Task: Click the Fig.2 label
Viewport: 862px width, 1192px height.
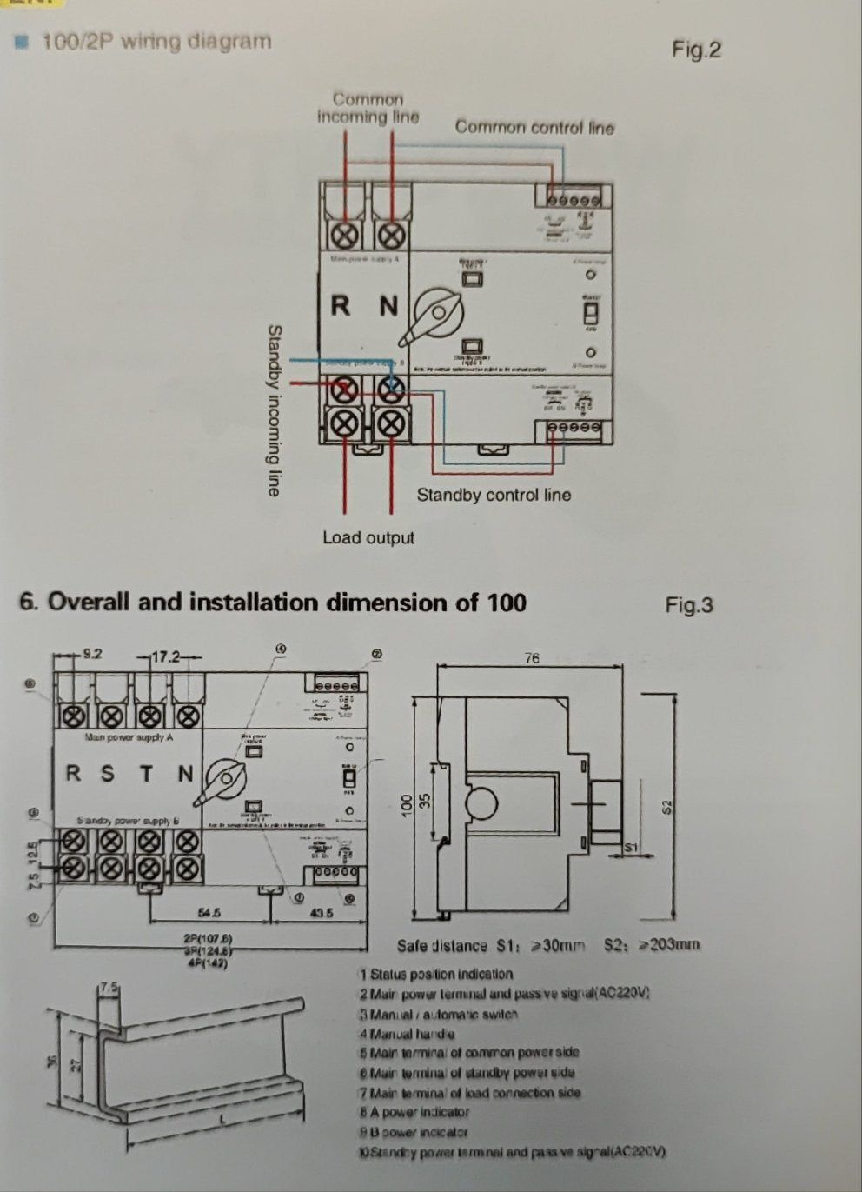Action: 696,50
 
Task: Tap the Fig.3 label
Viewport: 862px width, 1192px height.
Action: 688,604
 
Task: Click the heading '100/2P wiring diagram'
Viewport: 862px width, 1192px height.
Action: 156,41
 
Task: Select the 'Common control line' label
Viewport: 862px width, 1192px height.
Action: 534,127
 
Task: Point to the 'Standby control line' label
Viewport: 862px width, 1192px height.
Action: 494,495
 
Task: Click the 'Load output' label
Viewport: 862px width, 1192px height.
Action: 368,537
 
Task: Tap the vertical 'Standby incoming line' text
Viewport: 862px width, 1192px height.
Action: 275,410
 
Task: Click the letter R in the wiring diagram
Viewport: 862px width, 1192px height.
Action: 341,306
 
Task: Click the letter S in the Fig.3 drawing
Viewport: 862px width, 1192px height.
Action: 107,773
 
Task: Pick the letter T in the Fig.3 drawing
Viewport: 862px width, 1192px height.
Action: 146,773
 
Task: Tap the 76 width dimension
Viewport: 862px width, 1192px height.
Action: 533,659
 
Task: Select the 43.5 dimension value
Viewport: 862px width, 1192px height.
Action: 322,913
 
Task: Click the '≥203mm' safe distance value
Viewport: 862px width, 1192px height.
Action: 669,945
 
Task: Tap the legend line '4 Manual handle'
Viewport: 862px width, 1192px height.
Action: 406,1034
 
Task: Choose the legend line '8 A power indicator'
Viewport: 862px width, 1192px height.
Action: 414,1111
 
